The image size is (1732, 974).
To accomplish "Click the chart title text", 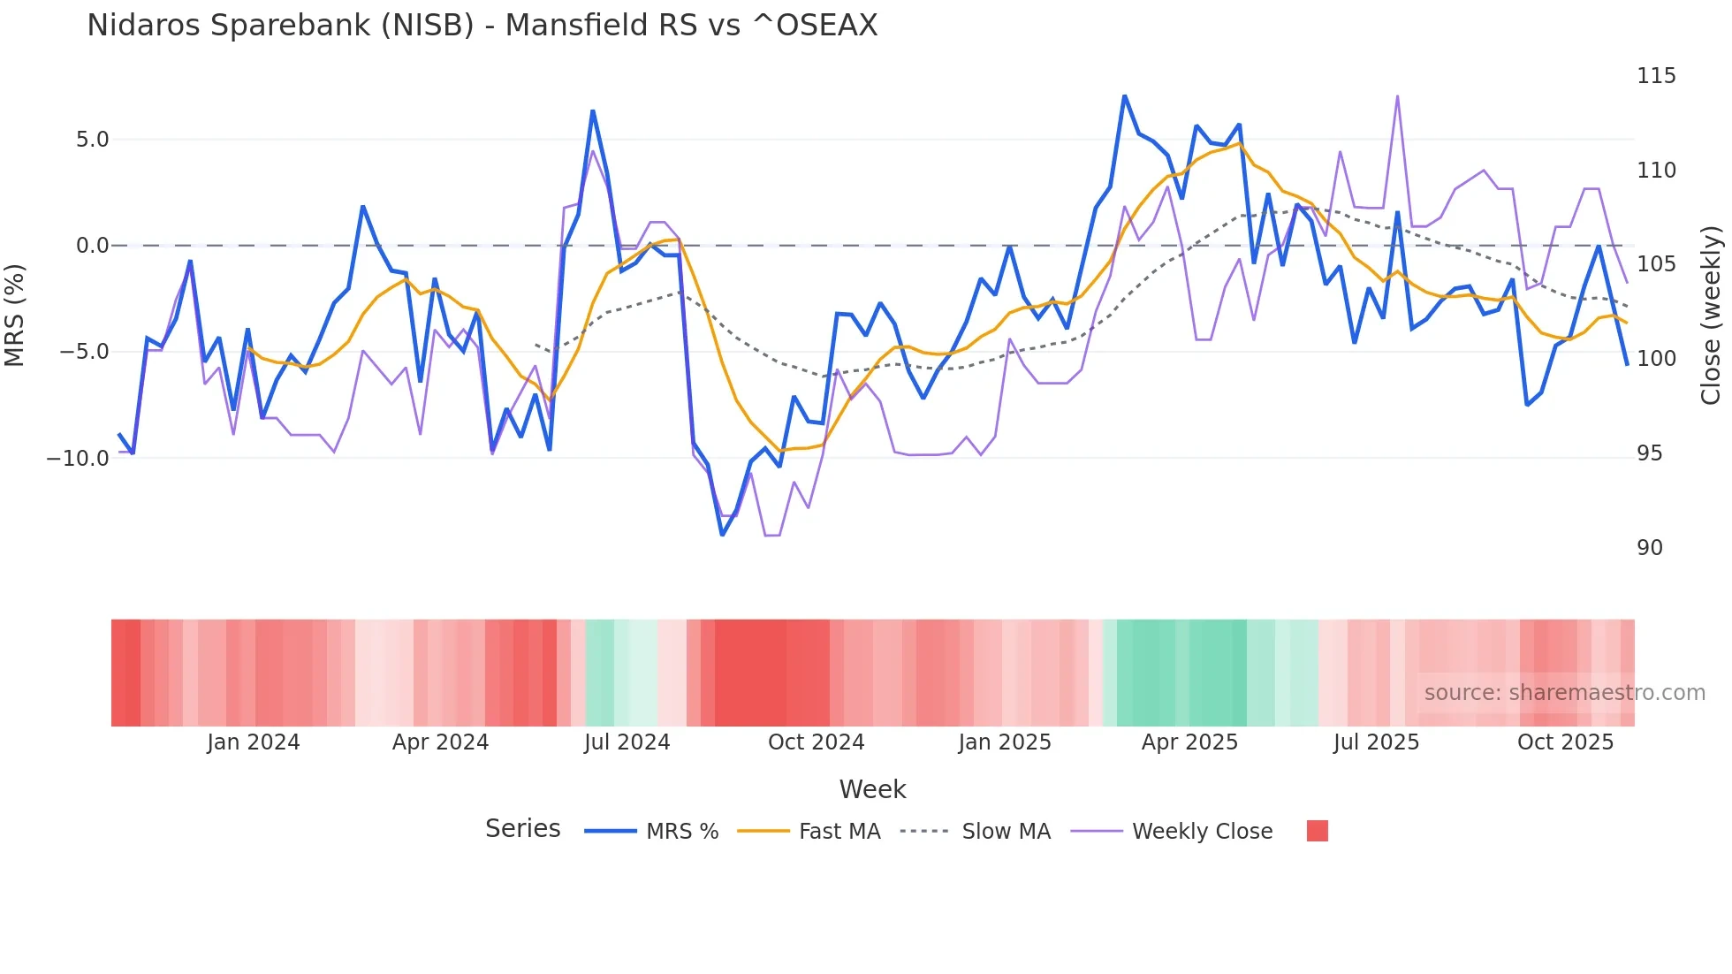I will [482, 26].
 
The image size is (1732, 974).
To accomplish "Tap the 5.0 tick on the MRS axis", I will [92, 140].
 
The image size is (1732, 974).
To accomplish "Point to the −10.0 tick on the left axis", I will [78, 459].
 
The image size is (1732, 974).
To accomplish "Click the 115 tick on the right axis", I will [1655, 76].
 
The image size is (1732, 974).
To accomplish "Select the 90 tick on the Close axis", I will [1649, 548].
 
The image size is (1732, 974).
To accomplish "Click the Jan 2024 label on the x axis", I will [254, 742].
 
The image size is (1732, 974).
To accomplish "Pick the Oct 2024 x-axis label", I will [816, 742].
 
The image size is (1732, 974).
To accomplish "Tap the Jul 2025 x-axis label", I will [1376, 742].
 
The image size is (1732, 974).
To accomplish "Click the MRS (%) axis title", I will [14, 315].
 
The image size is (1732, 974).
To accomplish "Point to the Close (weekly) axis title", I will [1712, 315].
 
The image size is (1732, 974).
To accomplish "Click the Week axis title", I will [872, 789].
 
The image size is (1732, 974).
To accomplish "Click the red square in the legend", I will [1317, 831].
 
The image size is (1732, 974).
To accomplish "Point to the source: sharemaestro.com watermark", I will [1564, 693].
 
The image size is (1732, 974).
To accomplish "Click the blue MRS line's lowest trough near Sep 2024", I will [722, 535].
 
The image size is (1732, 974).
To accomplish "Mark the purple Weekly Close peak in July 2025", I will [1397, 96].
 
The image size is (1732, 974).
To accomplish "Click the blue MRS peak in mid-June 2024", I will [592, 111].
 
